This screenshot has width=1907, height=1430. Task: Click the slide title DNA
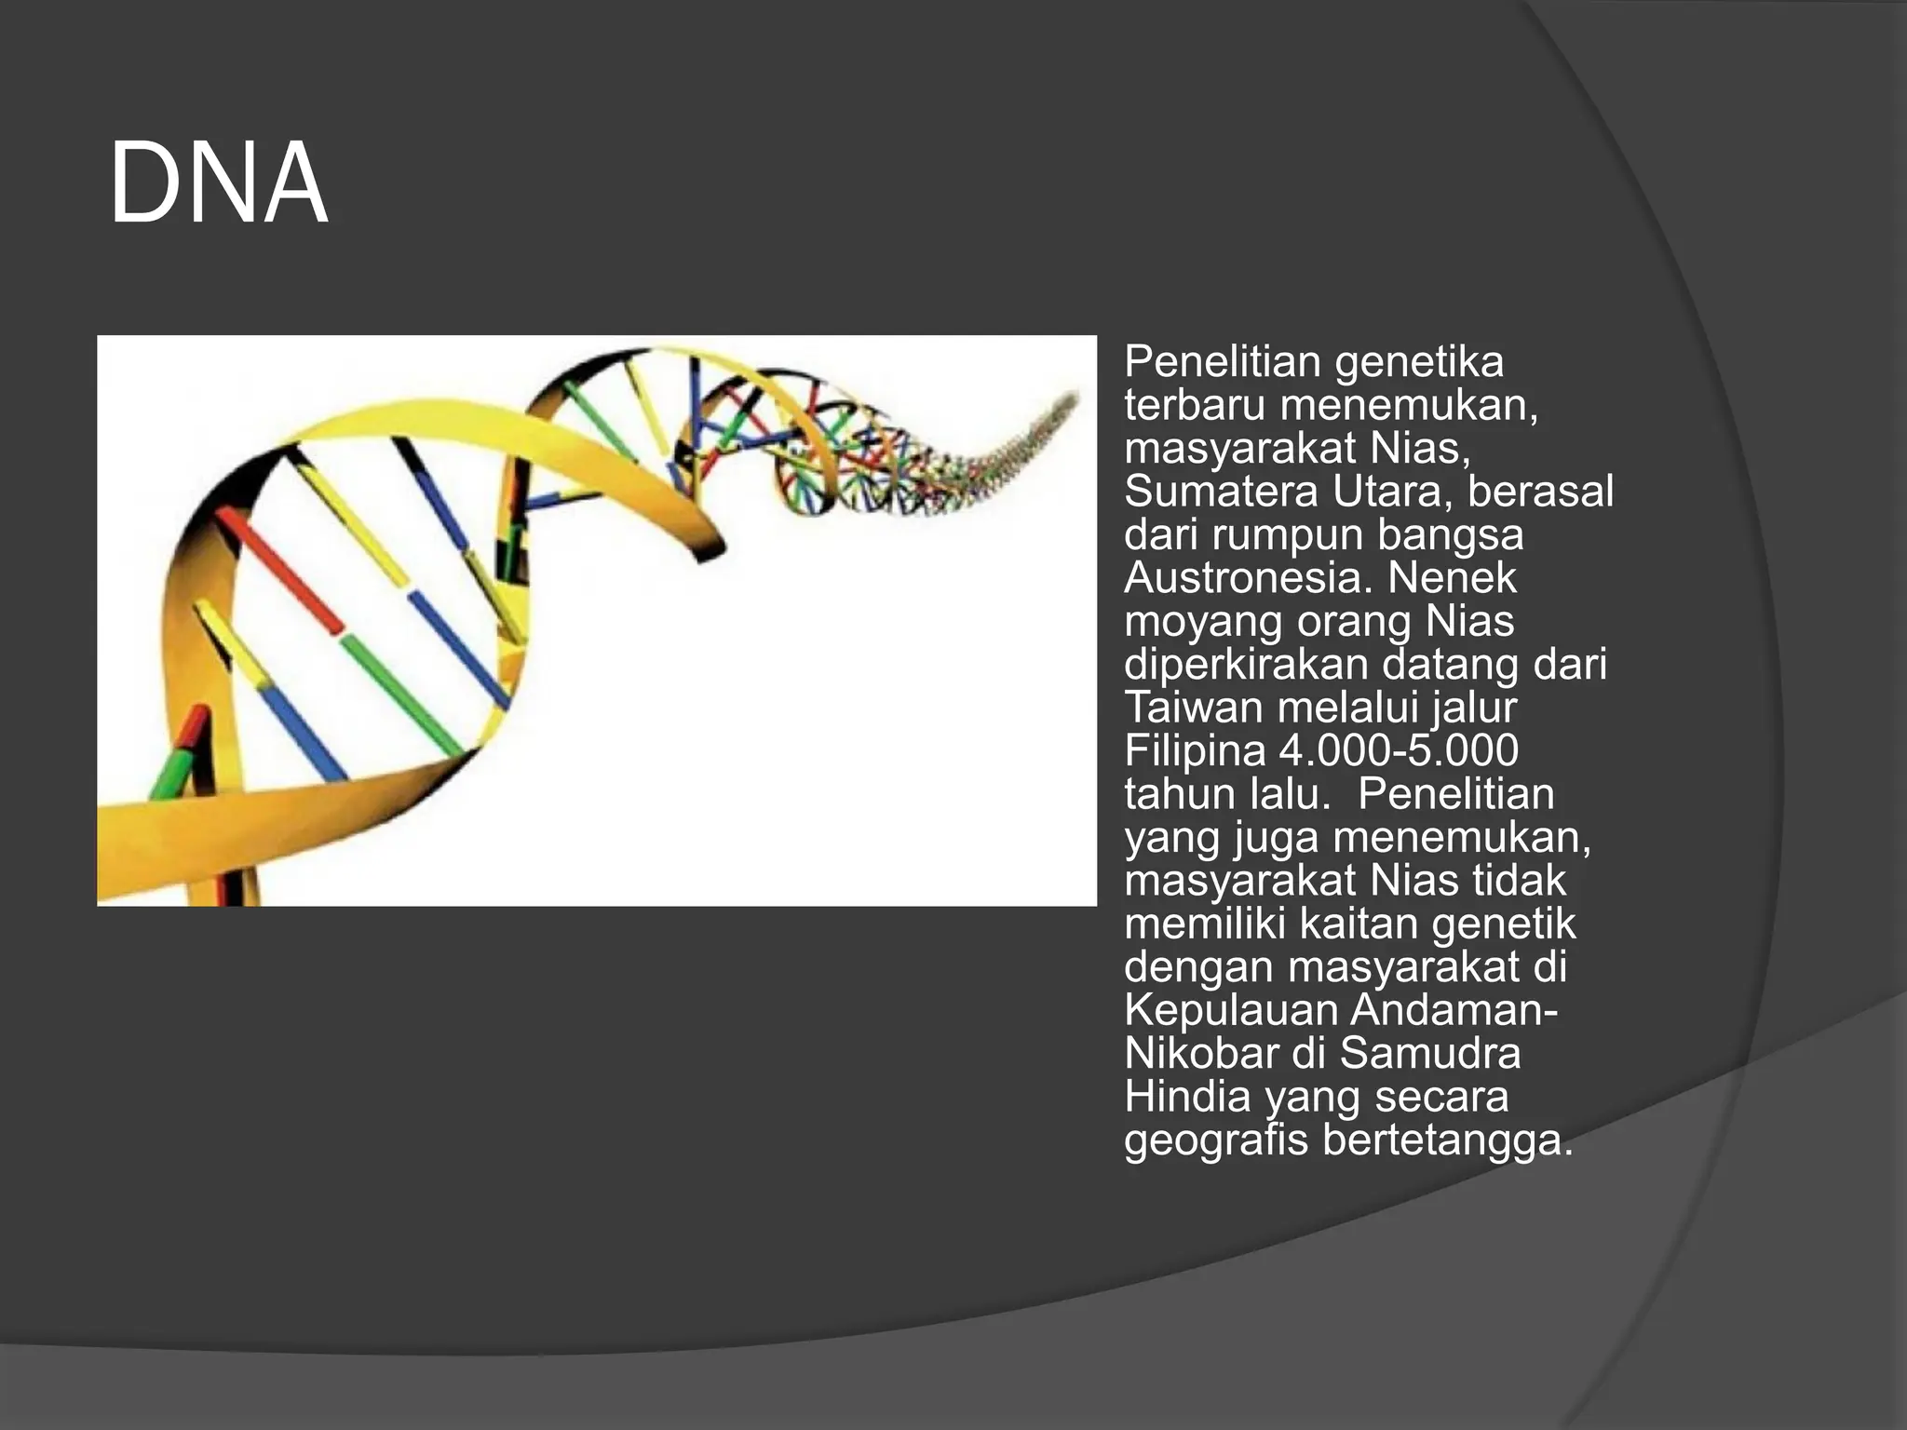219,183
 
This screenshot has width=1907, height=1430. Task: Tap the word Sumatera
1220,492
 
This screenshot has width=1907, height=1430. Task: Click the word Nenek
1452,578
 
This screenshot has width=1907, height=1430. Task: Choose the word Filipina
1195,751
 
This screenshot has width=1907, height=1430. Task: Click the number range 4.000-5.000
1399,751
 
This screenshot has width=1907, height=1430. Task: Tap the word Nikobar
1200,1054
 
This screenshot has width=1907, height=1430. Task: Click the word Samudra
1430,1054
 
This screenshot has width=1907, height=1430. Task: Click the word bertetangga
1448,1140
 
